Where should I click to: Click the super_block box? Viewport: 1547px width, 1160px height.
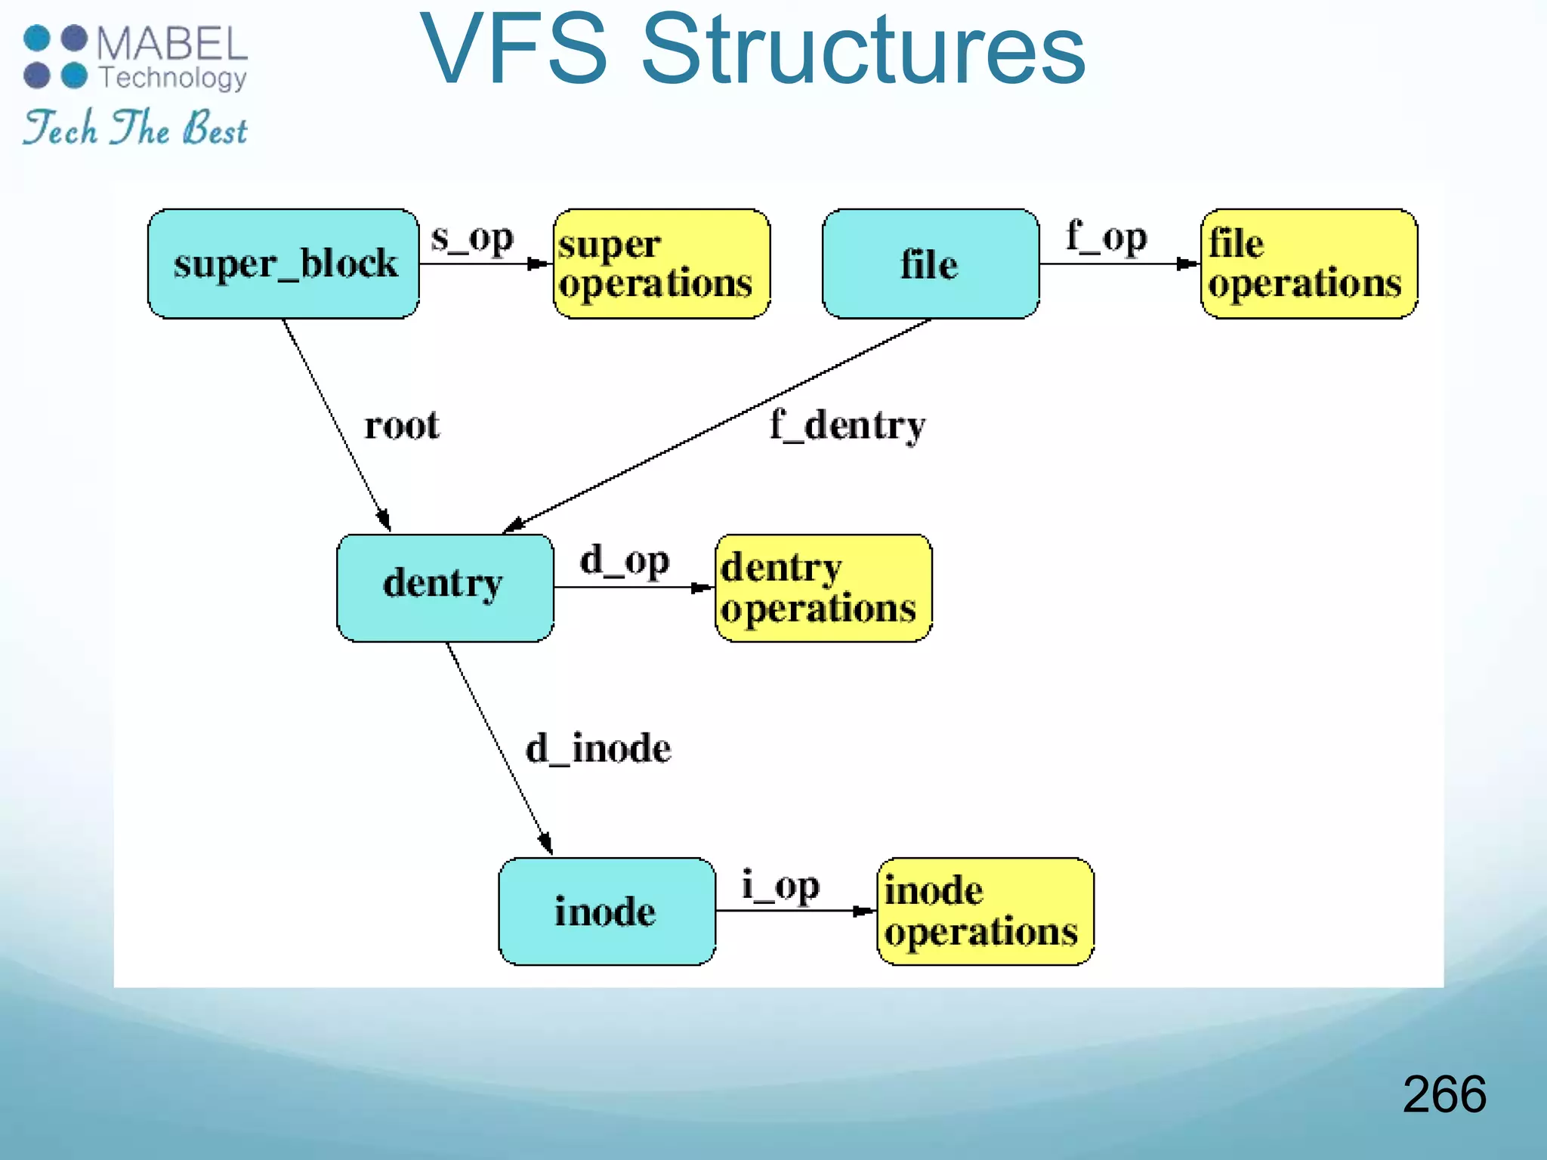point(283,264)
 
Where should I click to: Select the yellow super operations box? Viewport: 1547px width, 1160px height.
point(662,264)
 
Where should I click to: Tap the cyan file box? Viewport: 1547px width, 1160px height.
point(930,264)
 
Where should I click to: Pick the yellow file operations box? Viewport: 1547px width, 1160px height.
point(1308,264)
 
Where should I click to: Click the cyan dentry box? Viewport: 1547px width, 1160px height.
point(445,588)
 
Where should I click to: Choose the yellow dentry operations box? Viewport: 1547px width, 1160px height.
point(823,588)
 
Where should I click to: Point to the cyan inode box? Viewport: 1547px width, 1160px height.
point(607,911)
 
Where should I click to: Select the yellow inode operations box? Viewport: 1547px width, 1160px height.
point(985,911)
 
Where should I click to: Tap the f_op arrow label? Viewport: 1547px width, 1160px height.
point(1107,237)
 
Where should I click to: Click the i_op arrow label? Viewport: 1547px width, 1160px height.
point(780,885)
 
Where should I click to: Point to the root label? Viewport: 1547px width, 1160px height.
point(402,425)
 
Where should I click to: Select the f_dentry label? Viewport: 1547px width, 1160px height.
point(848,425)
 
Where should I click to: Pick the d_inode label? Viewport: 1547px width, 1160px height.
point(598,748)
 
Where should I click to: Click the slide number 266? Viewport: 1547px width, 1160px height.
point(1444,1094)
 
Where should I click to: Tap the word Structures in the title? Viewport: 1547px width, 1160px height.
point(863,50)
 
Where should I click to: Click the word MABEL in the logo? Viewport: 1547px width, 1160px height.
point(172,44)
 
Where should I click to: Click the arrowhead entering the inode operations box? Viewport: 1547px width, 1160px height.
point(866,911)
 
